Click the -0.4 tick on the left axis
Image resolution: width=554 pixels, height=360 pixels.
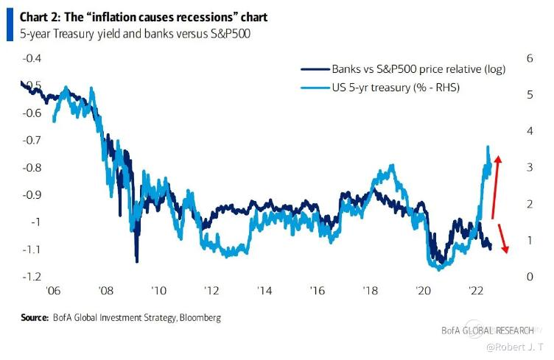point(32,58)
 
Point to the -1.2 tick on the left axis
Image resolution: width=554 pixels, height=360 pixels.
point(32,277)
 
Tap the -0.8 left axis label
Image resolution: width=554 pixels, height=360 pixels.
point(32,168)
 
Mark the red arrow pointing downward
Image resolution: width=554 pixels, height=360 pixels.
point(501,237)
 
